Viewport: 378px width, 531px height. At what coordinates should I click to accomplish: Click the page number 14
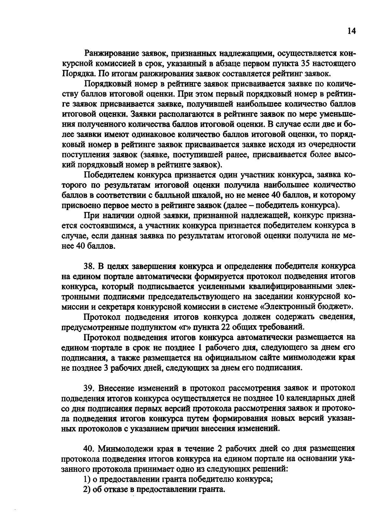click(351, 31)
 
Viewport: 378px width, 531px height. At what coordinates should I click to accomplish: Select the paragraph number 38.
click(89, 266)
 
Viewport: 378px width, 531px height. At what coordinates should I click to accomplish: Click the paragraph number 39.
click(89, 388)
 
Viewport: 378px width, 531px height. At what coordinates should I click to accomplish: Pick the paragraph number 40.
click(89, 448)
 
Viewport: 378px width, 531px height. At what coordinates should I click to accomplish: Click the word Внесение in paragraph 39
click(118, 388)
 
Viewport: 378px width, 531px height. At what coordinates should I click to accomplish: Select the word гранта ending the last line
click(211, 489)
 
